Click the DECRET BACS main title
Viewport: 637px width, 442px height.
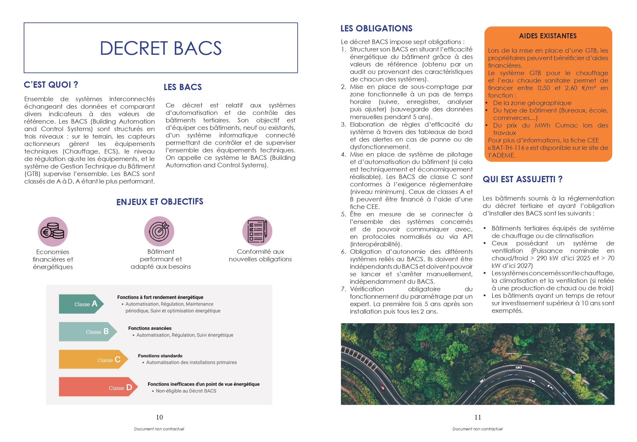point(161,48)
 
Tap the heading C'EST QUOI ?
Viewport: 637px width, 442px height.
point(51,85)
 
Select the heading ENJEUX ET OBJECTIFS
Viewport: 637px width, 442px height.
point(160,202)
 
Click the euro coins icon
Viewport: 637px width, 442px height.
point(53,232)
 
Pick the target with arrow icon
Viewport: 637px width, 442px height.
point(159,231)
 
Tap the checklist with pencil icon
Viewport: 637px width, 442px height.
point(257,231)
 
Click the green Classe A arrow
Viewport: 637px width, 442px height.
point(81,304)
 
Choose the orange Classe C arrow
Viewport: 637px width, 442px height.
point(93,359)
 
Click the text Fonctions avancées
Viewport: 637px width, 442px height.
point(150,328)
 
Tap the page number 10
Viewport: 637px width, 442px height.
point(159,417)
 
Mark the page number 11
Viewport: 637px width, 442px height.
point(478,417)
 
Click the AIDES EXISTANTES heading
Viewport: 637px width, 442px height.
point(548,36)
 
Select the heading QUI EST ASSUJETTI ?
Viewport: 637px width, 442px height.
point(523,179)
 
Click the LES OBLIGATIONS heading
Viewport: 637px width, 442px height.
point(376,28)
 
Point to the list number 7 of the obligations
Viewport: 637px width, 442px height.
point(343,289)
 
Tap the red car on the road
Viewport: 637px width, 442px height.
point(382,388)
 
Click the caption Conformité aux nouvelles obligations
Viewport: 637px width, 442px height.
point(260,255)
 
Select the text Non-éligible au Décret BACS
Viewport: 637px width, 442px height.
point(186,391)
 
